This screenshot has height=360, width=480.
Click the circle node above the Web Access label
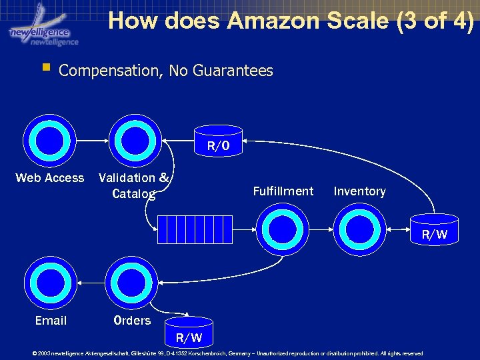50,142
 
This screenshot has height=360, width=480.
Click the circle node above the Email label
50,284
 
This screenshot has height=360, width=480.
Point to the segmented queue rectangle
195,229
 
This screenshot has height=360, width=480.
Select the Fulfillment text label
283,191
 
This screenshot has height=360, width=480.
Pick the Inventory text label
359,191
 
